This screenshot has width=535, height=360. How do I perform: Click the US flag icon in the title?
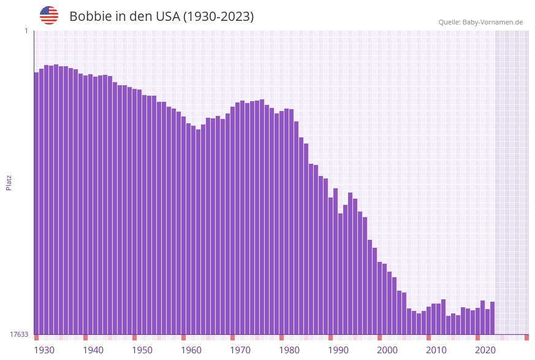(49, 15)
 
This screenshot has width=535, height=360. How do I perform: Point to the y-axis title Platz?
(9, 182)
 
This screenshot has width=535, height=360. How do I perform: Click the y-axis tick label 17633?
(18, 334)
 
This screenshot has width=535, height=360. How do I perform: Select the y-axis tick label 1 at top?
(26, 31)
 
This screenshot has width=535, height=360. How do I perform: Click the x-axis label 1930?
(44, 350)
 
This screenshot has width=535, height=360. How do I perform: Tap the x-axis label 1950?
(142, 350)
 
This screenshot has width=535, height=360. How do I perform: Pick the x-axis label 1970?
(240, 350)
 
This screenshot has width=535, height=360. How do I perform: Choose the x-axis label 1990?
(338, 350)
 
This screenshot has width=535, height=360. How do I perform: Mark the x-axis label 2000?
(387, 350)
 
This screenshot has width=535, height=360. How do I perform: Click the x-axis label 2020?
(485, 350)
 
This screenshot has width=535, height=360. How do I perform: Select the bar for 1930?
(36, 202)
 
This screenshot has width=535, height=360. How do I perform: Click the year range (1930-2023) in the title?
(218, 17)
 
